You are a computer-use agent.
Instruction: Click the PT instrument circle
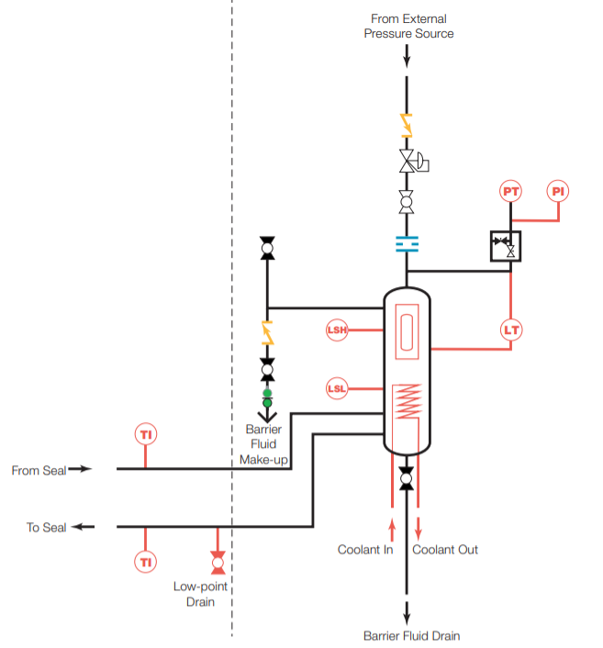pyautogui.click(x=511, y=192)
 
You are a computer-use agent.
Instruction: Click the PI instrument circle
pyautogui.click(x=558, y=192)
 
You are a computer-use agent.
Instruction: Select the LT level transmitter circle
pyautogui.click(x=511, y=330)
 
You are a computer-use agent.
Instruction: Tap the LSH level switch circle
pyautogui.click(x=338, y=330)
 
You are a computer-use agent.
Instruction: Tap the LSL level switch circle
pyautogui.click(x=338, y=389)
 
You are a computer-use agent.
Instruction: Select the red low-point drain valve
pyautogui.click(x=218, y=559)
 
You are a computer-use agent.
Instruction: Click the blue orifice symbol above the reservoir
pyautogui.click(x=407, y=243)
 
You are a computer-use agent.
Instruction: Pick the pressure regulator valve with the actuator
pyautogui.click(x=409, y=162)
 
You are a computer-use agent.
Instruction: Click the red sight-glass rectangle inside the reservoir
pyautogui.click(x=406, y=331)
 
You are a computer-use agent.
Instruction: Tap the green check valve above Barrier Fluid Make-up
pyautogui.click(x=267, y=397)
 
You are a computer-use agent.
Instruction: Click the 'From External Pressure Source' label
pyautogui.click(x=408, y=26)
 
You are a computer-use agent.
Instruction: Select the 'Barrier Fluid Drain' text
pyautogui.click(x=411, y=635)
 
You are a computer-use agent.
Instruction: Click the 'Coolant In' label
pyautogui.click(x=365, y=550)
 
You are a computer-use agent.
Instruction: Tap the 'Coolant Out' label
pyautogui.click(x=445, y=550)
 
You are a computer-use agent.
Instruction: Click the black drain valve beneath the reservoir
pyautogui.click(x=407, y=477)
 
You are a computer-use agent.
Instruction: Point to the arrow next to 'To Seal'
pyautogui.click(x=84, y=527)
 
